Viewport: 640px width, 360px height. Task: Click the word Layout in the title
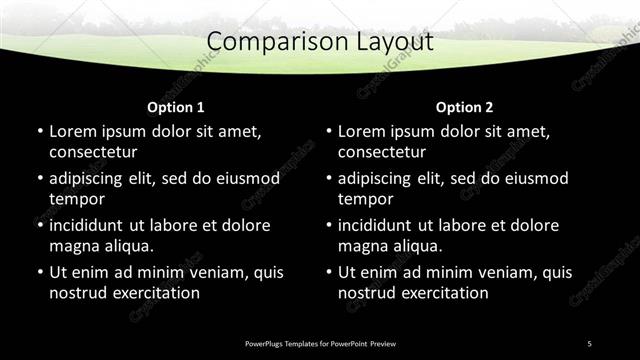pyautogui.click(x=384, y=42)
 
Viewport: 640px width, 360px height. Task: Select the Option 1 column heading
pyautogui.click(x=176, y=107)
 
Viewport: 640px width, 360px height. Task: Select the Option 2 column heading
pyautogui.click(x=465, y=107)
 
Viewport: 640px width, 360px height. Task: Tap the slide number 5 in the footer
pyautogui.click(x=589, y=343)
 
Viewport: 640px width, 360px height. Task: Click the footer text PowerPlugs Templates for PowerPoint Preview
pyautogui.click(x=320, y=343)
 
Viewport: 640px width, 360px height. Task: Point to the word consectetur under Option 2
pyautogui.click(x=382, y=152)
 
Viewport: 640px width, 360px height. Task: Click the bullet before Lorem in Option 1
pyautogui.click(x=40, y=131)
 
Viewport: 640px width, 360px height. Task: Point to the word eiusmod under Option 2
pyautogui.click(x=534, y=179)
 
